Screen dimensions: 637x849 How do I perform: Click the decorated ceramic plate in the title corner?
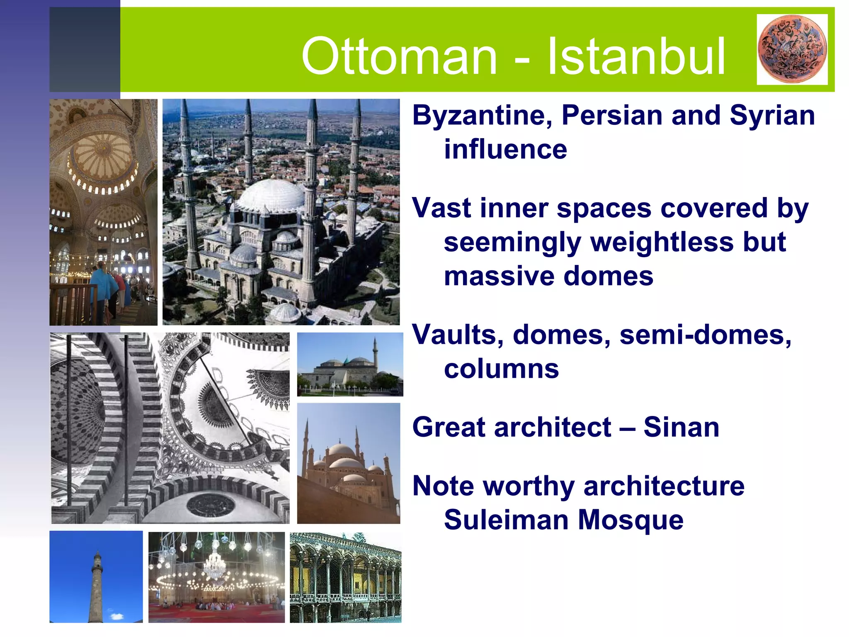(792, 49)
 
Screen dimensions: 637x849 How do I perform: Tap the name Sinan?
(681, 427)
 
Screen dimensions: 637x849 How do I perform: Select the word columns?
(501, 369)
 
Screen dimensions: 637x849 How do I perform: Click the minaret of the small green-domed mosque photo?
(375, 350)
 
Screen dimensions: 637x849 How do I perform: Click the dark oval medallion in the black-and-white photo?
(211, 505)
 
